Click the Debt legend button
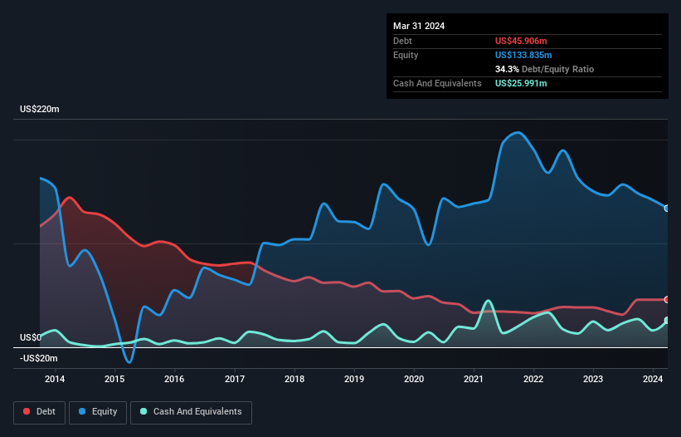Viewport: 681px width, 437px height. [x=40, y=412]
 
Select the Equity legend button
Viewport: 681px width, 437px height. [x=98, y=412]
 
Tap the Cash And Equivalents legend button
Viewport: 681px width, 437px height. [x=191, y=412]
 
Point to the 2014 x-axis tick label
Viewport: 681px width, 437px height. [x=55, y=380]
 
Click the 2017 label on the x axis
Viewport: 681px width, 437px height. [x=235, y=380]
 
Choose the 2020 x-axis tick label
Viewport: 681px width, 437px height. [x=414, y=380]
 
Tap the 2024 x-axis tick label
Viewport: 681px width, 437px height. [x=653, y=380]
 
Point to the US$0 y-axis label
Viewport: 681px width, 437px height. [x=32, y=338]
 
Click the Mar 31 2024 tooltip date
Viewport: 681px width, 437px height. [x=419, y=26]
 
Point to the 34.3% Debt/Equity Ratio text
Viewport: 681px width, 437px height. [x=544, y=69]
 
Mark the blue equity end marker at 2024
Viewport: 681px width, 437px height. [x=667, y=209]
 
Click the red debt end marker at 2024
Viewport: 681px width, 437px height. [x=667, y=299]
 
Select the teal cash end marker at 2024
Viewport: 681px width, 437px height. [x=667, y=321]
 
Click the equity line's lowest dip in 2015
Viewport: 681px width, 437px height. [x=129, y=362]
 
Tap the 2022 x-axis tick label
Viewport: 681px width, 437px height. [x=533, y=380]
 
